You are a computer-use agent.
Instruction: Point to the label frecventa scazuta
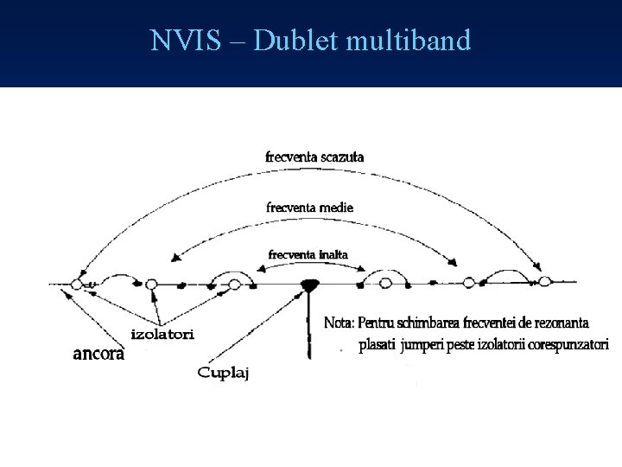tap(314, 157)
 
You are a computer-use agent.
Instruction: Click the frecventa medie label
tap(310, 208)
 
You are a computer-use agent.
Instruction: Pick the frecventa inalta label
tap(308, 255)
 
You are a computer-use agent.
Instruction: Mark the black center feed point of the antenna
tap(309, 284)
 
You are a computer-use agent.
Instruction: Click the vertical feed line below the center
tap(309, 329)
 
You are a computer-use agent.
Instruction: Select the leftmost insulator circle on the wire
tap(78, 284)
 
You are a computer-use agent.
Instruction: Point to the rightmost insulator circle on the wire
tap(544, 281)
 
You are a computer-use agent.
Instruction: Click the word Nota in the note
tap(340, 323)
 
